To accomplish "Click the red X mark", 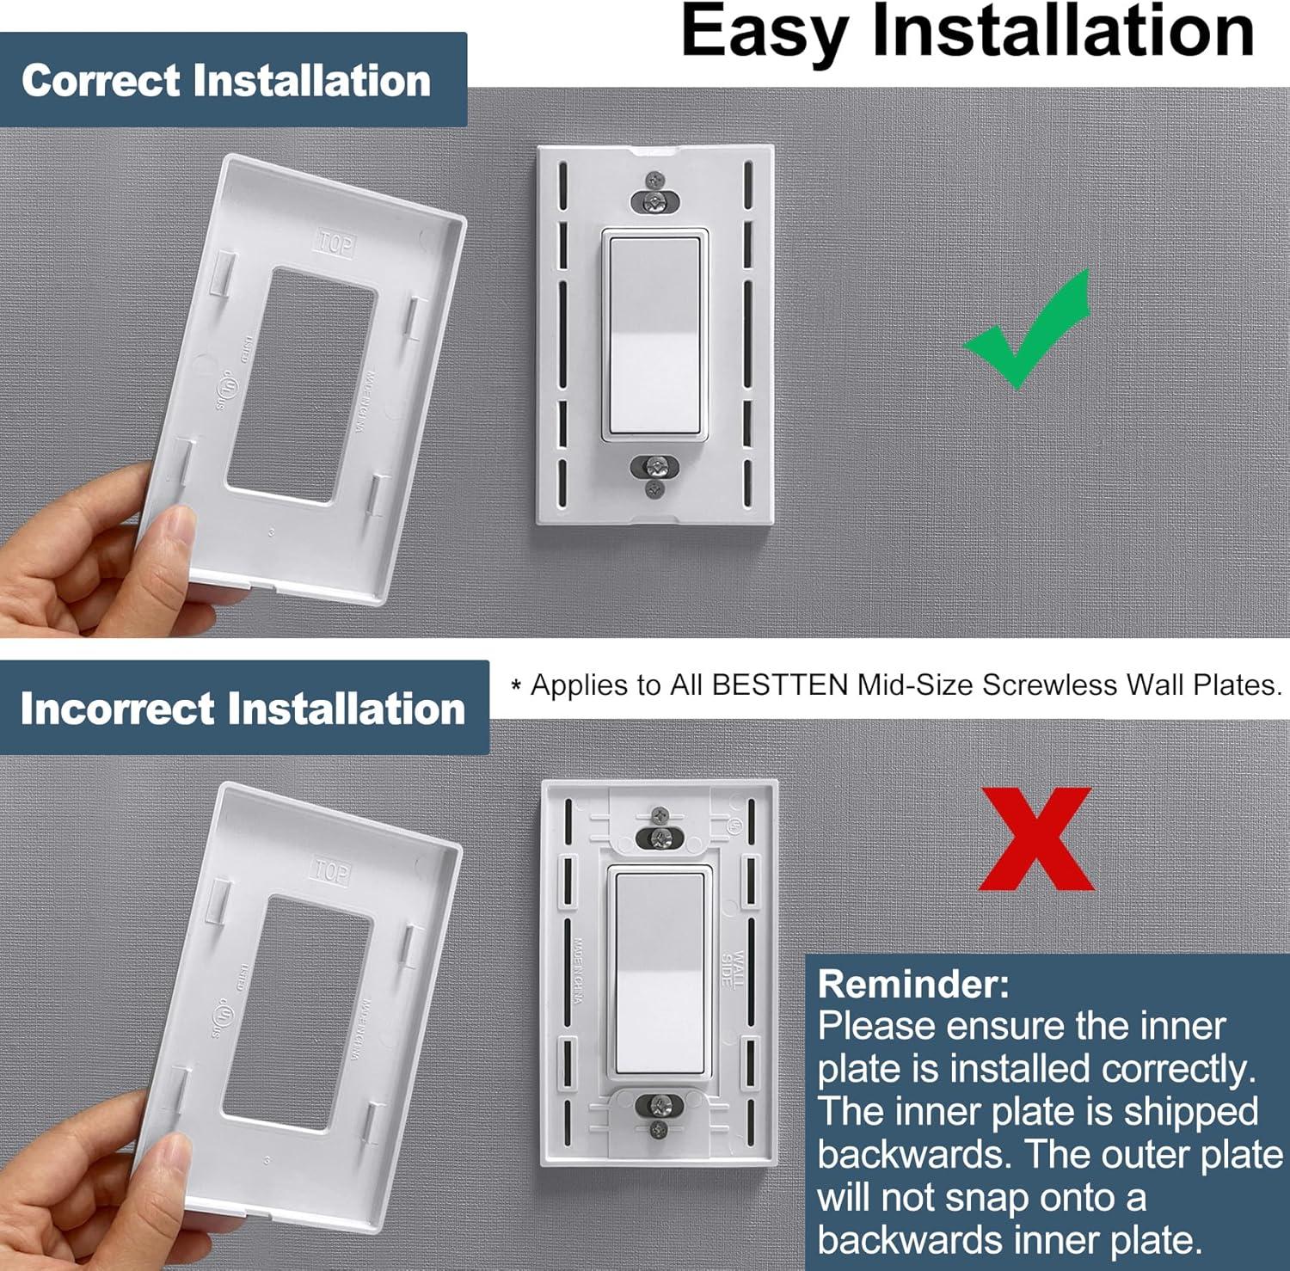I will [x=1036, y=839].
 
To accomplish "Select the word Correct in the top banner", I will [x=101, y=81].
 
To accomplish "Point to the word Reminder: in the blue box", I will [x=912, y=984].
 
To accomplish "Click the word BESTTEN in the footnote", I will [x=780, y=685].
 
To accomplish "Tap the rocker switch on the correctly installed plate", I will [x=655, y=335].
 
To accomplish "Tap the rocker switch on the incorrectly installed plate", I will [x=660, y=972].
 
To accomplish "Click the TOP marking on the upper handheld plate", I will [x=335, y=243].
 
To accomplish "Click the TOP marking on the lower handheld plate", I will [x=330, y=870].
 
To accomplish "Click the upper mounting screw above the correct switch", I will [x=655, y=201].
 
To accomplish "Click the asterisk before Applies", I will [x=516, y=686].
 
